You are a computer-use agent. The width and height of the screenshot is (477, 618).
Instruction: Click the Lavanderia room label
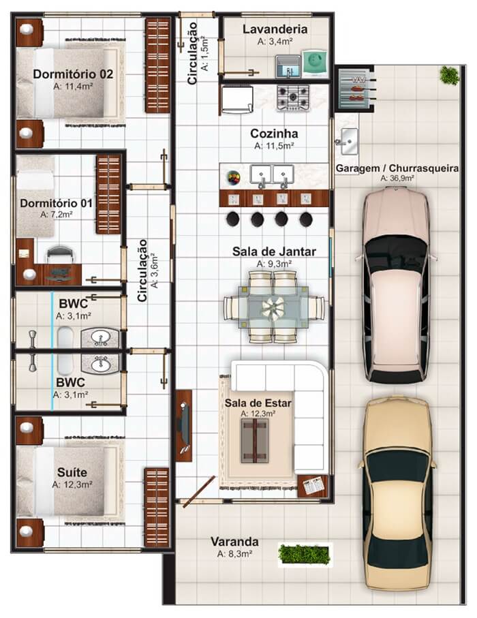click(275, 29)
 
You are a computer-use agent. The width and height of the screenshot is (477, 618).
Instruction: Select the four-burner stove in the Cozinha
click(293, 96)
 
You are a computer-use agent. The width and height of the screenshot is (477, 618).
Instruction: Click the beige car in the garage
click(398, 495)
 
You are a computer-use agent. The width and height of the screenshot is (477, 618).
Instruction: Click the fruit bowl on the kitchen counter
click(234, 177)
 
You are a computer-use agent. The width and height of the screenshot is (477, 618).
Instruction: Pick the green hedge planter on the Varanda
click(305, 553)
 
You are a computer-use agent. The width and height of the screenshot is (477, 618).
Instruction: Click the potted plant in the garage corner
click(448, 74)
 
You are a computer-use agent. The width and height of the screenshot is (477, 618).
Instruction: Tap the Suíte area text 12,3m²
click(72, 484)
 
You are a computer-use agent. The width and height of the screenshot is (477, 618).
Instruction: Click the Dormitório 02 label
click(73, 74)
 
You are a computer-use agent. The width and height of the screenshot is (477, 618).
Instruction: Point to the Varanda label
click(234, 542)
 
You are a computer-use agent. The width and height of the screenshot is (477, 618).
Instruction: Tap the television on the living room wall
click(183, 426)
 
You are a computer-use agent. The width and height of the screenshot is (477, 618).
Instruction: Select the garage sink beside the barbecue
click(346, 136)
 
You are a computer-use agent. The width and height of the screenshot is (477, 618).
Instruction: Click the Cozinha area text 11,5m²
click(274, 146)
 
